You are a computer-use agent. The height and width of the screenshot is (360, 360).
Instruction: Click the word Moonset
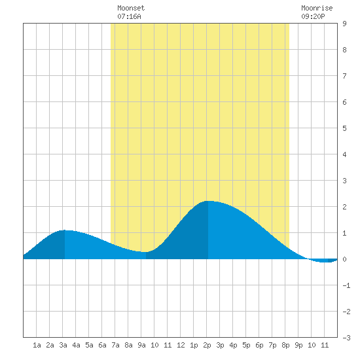click(x=131, y=8)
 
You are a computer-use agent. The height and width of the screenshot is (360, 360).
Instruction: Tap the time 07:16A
click(x=129, y=16)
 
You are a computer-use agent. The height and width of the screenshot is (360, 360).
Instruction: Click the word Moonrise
click(x=317, y=8)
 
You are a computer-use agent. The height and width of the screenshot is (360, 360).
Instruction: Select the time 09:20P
click(x=313, y=16)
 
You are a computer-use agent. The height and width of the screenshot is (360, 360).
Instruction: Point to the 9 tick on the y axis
click(x=344, y=24)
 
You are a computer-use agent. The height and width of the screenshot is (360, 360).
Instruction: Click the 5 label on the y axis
click(x=344, y=128)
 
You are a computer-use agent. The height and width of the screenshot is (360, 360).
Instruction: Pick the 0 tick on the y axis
click(x=344, y=259)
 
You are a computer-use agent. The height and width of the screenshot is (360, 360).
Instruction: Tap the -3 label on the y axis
click(x=346, y=338)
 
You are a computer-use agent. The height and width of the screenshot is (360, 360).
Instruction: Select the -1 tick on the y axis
click(x=346, y=285)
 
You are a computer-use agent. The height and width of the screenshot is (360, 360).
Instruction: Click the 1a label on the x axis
click(x=37, y=345)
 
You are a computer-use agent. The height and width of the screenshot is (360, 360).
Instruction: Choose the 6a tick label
click(x=102, y=345)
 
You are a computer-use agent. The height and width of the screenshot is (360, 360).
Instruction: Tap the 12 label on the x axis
click(x=181, y=345)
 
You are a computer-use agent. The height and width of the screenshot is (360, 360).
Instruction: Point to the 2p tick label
click(x=207, y=345)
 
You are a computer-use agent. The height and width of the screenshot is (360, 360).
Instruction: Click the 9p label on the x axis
click(x=298, y=345)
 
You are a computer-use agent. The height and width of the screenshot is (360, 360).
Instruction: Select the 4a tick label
click(x=76, y=345)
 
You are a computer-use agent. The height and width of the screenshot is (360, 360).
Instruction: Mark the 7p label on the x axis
click(x=272, y=345)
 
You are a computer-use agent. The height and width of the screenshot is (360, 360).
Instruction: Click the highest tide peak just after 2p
click(x=208, y=202)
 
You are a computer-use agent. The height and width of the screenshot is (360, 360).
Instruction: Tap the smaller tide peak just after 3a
click(x=65, y=230)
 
